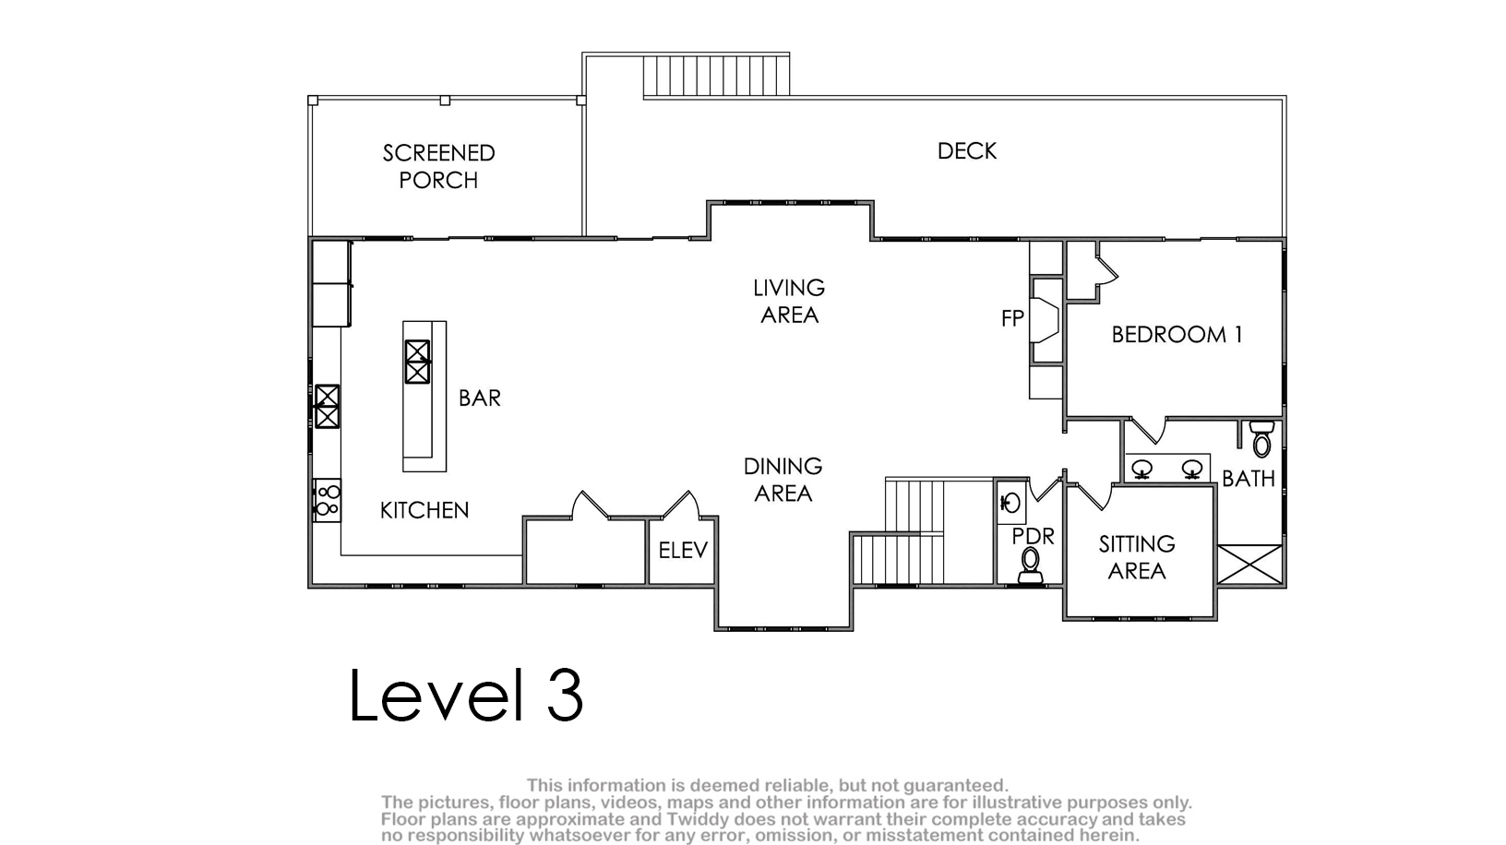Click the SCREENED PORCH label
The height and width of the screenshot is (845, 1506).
coord(438,166)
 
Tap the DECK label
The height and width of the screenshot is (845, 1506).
coord(967,150)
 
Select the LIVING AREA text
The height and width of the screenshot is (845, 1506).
coord(789,301)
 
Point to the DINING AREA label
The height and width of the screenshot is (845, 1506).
coord(783,480)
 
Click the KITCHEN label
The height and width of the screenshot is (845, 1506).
coord(424,510)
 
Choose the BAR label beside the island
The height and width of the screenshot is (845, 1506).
coord(479,398)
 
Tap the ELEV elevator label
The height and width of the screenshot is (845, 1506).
coord(683,551)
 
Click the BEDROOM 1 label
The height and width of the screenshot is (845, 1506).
coord(1177,334)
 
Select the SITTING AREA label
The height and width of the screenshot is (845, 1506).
coord(1137,556)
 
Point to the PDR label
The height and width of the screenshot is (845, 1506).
coord(1033,536)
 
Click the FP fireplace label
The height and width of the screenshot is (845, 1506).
coord(1012,318)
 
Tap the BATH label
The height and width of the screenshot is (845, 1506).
coord(1249,479)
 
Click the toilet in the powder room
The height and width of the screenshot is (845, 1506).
coord(1030,565)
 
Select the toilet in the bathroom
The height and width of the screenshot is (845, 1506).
coord(1262,439)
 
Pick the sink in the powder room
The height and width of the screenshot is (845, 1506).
coord(1010,502)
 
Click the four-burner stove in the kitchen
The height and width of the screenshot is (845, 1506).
coord(328,500)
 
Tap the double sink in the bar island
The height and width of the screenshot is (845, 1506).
coord(417,362)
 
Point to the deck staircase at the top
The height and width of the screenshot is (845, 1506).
coord(715,76)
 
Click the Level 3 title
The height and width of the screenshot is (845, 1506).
coord(465,695)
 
